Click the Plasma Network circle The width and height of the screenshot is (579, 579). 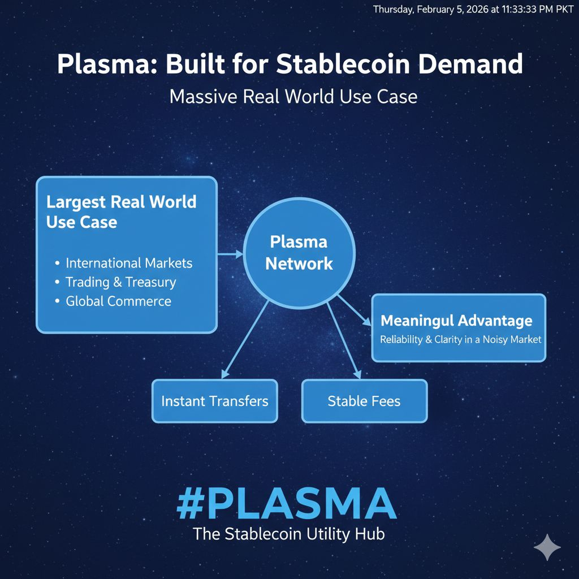point(299,253)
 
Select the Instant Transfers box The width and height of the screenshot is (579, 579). point(215,401)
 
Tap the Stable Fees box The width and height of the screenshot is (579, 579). point(364,401)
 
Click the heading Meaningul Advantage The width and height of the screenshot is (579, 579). point(456,321)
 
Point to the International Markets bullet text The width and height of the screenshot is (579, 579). point(129,263)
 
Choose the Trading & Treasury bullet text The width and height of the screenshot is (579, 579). point(120,282)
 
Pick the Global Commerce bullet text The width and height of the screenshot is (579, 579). point(118,301)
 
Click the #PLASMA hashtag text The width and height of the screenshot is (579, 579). point(286,503)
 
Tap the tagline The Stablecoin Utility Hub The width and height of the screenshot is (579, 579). point(288,534)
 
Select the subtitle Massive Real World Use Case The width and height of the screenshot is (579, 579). point(293,96)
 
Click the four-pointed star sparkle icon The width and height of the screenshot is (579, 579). point(547,547)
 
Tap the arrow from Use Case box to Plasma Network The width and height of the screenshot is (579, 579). point(230,254)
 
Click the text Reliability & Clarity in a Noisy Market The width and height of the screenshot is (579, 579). point(460,340)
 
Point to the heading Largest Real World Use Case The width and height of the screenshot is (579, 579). point(121,211)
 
